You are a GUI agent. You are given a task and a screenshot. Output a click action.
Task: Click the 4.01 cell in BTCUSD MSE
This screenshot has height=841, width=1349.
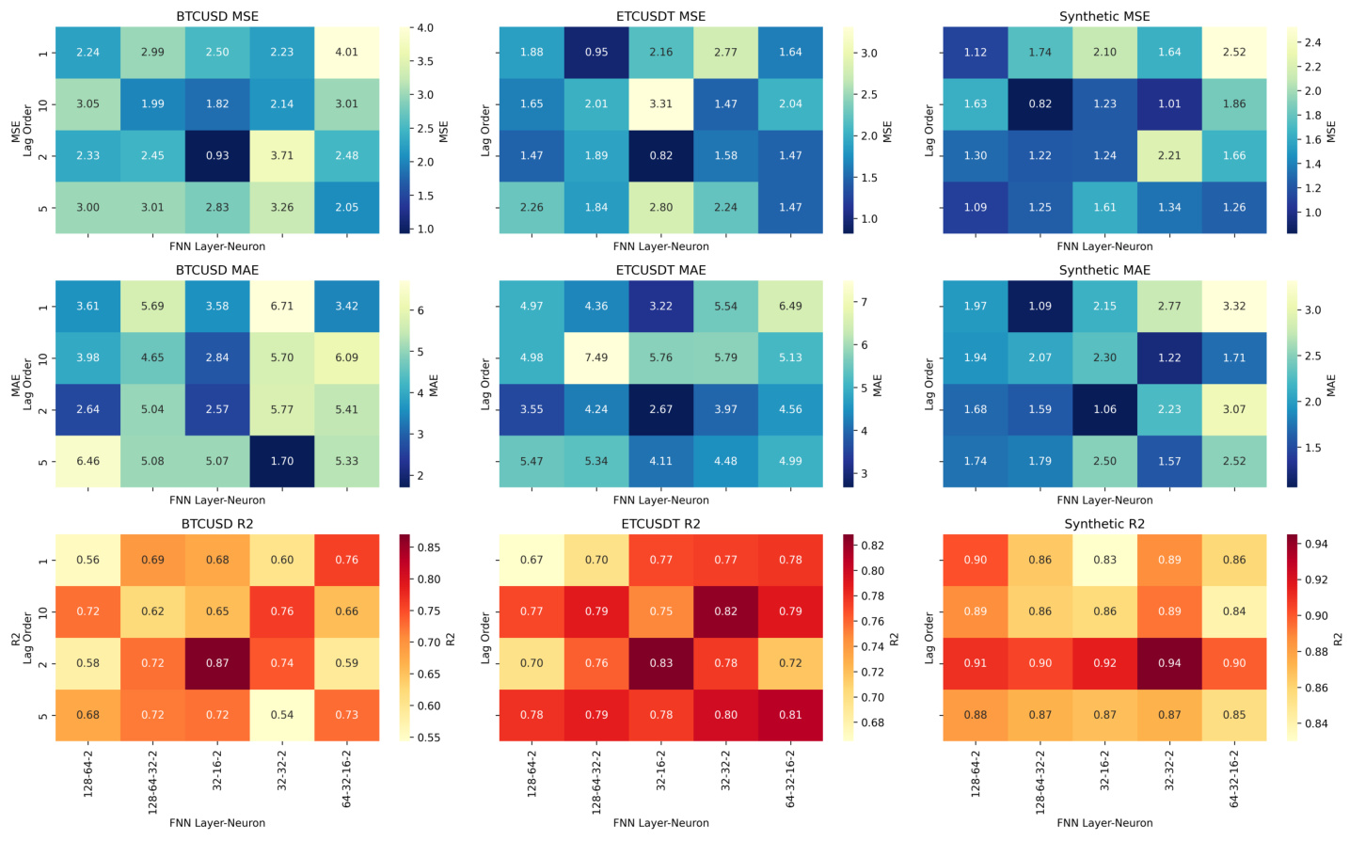pyautogui.click(x=347, y=53)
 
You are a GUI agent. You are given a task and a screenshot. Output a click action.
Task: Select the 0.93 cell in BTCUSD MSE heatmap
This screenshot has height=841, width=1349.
pyautogui.click(x=217, y=156)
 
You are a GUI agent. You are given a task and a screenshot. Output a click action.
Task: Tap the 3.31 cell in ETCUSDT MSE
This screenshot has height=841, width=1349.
pyautogui.click(x=661, y=104)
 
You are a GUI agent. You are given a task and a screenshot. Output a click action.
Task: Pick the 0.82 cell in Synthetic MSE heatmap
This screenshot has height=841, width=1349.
pyautogui.click(x=1040, y=104)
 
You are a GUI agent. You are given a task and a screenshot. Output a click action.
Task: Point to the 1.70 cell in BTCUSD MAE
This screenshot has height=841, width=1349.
pyautogui.click(x=282, y=462)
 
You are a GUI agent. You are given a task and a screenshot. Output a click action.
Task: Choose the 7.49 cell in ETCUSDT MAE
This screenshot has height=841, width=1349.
pyautogui.click(x=596, y=358)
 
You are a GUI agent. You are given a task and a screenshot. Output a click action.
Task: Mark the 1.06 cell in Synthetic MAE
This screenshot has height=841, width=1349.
pyautogui.click(x=1104, y=410)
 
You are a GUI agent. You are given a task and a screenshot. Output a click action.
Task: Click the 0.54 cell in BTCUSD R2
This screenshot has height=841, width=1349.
pyautogui.click(x=282, y=715)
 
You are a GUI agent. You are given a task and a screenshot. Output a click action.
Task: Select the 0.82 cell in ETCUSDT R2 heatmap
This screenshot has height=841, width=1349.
pyautogui.click(x=725, y=611)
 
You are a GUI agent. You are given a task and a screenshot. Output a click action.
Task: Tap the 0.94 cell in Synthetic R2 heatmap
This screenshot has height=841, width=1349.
pyautogui.click(x=1169, y=663)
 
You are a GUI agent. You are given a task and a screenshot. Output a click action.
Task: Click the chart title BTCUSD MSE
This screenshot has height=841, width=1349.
pyautogui.click(x=217, y=17)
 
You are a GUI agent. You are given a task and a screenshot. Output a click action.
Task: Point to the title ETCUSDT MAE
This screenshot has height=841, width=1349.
pyautogui.click(x=661, y=270)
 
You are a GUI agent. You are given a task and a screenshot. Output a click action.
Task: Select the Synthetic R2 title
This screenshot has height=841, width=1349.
pyautogui.click(x=1104, y=524)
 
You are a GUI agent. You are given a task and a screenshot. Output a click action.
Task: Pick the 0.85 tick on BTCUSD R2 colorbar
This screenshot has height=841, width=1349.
pyautogui.click(x=429, y=547)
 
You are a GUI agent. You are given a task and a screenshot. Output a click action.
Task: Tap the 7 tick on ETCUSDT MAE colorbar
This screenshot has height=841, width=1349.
pyautogui.click(x=864, y=302)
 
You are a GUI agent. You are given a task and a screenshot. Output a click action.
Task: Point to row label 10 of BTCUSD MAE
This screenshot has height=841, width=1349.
pyautogui.click(x=42, y=358)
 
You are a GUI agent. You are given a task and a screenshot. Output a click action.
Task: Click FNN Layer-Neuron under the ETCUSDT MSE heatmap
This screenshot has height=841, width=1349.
pyautogui.click(x=661, y=246)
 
